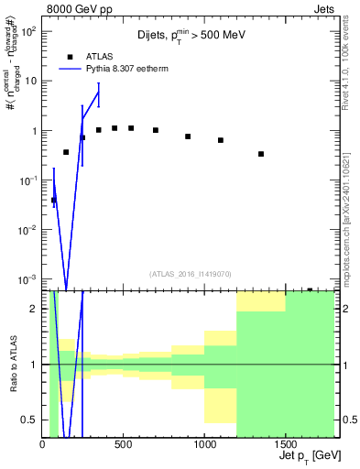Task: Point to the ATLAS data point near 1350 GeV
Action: click(x=261, y=154)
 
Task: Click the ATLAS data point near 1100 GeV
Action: click(x=221, y=140)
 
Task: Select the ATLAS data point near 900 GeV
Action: click(x=188, y=136)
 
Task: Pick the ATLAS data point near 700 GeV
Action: click(x=156, y=130)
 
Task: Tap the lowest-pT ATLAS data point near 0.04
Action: click(x=53, y=200)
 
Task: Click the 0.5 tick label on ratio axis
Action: click(x=29, y=420)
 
